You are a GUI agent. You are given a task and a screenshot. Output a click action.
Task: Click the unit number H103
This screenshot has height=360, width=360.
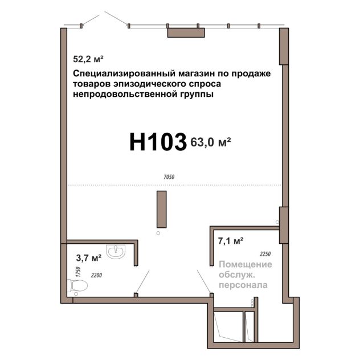tap(158, 142)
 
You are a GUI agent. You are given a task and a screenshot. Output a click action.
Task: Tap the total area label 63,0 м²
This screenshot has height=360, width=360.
tap(211, 142)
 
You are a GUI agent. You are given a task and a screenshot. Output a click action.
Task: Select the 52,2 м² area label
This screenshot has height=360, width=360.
tap(88, 59)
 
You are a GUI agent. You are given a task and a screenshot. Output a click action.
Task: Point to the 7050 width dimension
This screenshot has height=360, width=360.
tap(169, 177)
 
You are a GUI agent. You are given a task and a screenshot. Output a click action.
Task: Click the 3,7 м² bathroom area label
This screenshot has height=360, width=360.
tap(89, 258)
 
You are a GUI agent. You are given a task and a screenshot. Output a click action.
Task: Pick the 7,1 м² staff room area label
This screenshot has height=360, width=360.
tap(231, 241)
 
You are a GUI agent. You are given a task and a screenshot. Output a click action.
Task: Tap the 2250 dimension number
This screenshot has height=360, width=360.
tap(265, 254)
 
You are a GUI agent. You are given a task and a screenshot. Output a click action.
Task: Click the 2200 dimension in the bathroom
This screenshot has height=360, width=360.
tap(96, 275)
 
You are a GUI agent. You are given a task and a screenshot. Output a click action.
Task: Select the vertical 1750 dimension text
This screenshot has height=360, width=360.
tap(78, 272)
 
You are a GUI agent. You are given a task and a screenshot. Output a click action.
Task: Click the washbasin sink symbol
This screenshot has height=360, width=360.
tap(116, 252)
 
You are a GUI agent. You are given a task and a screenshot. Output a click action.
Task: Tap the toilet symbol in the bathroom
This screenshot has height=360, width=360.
tap(77, 286)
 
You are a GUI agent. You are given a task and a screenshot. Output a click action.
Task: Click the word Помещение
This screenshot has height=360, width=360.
tap(246, 264)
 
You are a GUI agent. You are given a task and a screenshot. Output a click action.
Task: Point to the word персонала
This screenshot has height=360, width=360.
tap(243, 285)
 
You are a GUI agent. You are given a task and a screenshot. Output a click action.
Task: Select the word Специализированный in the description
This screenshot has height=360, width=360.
tap(124, 74)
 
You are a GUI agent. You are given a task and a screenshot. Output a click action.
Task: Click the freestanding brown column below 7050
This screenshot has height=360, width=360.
tap(162, 209)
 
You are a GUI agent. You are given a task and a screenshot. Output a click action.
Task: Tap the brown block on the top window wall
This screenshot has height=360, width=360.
tap(186, 32)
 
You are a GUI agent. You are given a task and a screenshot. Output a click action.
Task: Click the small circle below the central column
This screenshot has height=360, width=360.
tap(158, 234)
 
